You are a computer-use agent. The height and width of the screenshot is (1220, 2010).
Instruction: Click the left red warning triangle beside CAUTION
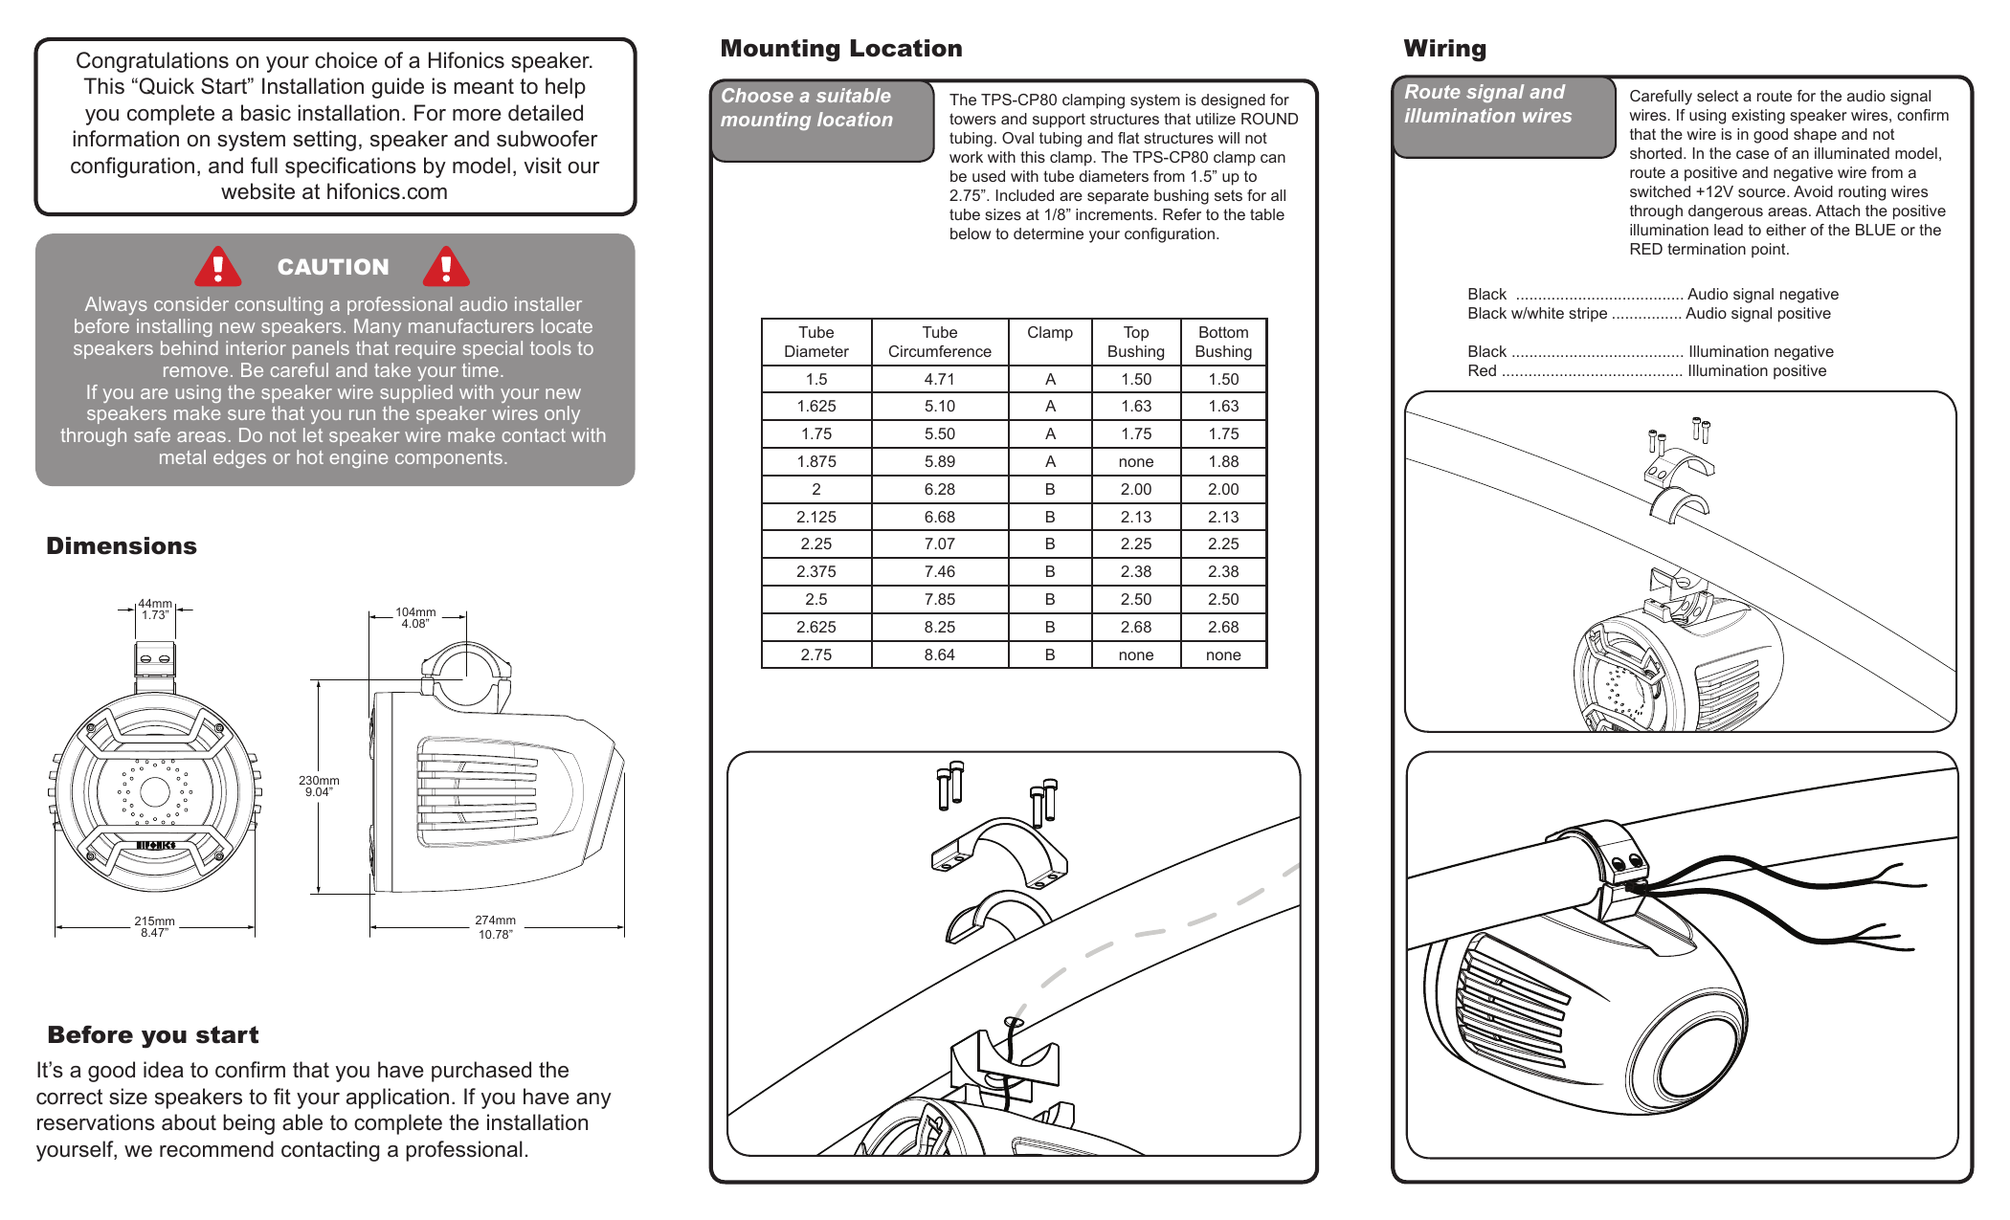click(218, 267)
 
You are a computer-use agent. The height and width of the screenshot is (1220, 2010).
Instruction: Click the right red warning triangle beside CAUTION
click(446, 267)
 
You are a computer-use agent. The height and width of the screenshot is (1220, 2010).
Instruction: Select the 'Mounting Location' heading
click(841, 49)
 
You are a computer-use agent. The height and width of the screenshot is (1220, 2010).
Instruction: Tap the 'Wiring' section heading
click(1444, 49)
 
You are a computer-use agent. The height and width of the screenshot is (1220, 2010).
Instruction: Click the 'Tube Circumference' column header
click(939, 342)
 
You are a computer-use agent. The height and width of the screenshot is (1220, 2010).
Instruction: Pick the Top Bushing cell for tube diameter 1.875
click(1135, 461)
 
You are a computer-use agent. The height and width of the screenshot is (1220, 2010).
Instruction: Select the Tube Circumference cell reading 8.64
click(939, 654)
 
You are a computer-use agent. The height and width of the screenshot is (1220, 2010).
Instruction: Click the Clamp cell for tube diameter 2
click(1050, 489)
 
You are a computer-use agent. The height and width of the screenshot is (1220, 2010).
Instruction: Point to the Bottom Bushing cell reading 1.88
click(1222, 461)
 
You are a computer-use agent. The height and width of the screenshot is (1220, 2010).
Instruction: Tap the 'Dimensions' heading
click(122, 546)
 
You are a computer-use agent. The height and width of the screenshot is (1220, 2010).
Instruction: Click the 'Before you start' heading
click(153, 1035)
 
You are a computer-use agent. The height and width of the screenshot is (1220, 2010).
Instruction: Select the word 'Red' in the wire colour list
click(1482, 371)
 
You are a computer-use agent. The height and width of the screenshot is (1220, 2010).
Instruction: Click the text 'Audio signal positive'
click(1757, 314)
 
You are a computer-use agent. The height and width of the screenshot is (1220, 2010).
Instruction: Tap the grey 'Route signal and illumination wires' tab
click(1503, 116)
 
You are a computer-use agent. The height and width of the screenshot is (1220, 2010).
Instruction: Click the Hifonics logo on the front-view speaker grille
click(155, 846)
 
